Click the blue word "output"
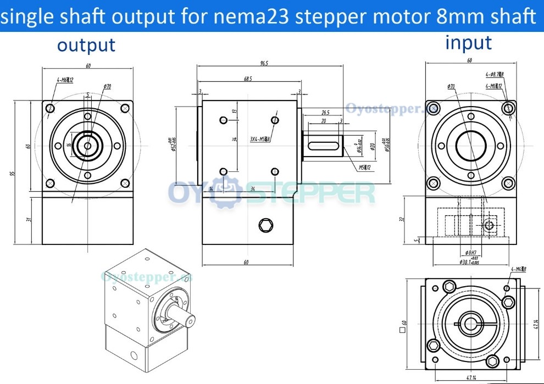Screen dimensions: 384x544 86,45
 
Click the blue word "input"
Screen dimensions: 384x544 468,42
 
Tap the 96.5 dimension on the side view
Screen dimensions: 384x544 264,64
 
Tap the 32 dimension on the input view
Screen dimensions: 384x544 402,218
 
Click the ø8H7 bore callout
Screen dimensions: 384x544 470,253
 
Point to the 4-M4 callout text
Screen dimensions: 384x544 518,269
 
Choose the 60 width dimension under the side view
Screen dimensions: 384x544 246,263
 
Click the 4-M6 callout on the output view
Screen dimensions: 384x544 65,80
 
